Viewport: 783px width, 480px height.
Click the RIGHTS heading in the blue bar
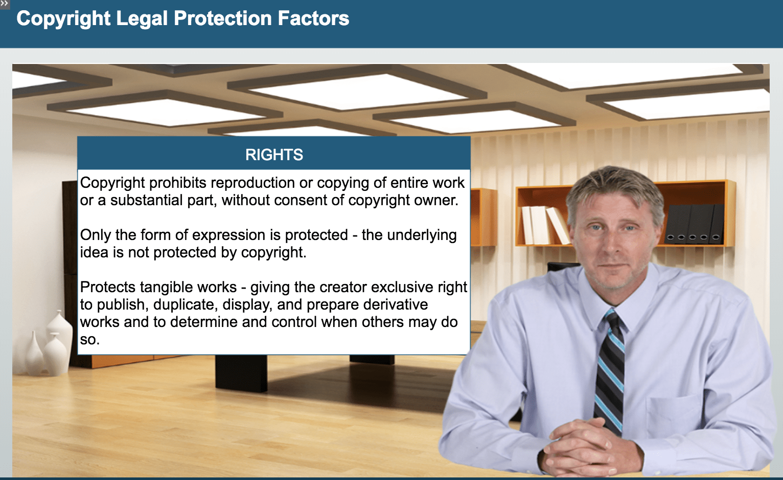pos(274,155)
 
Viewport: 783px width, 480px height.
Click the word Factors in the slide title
pos(313,18)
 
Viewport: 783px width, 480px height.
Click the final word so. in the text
pos(90,340)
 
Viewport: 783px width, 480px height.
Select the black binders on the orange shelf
pos(694,224)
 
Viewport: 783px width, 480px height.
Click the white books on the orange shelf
pos(546,225)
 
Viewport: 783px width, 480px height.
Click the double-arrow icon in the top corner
pos(4,4)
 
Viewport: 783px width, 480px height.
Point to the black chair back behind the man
pos(563,266)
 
